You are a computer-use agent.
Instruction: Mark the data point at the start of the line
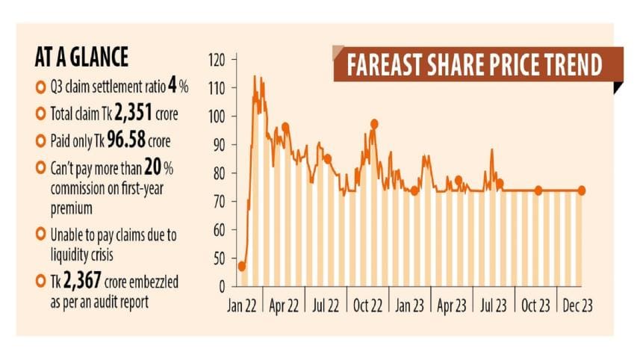(x=242, y=266)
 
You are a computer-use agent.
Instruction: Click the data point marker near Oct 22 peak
(x=374, y=124)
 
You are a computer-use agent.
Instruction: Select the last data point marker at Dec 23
(x=582, y=190)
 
